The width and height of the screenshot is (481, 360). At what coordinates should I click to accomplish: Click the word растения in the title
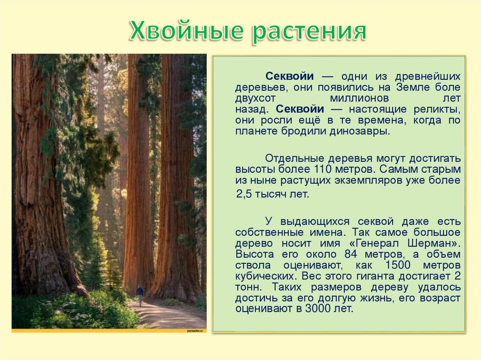(x=310, y=31)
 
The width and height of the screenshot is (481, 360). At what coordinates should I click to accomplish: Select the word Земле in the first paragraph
(x=411, y=88)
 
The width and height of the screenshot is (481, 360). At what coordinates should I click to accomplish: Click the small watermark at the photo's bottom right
(x=195, y=330)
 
